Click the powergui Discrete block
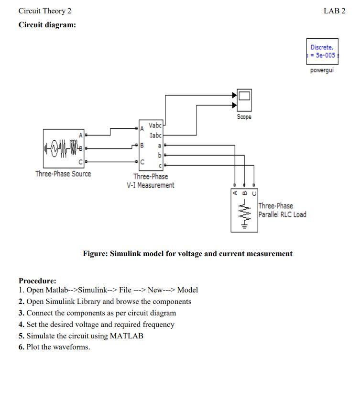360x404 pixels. point(322,51)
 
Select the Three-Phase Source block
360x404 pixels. point(63,148)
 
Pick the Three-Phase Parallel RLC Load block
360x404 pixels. point(244,211)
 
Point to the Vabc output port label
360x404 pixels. point(155,125)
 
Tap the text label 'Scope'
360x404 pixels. point(244,117)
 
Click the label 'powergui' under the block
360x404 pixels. point(322,70)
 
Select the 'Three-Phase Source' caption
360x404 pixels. point(63,174)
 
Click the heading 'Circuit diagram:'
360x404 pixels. point(47,25)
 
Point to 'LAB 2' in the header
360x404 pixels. point(334,11)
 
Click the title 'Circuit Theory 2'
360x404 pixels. point(44,11)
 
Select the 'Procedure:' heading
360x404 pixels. point(37,281)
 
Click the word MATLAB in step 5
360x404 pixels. point(126,336)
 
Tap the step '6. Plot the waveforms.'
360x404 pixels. point(54,347)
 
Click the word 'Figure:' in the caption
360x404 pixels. point(96,254)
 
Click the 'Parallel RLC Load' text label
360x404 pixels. point(282,214)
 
